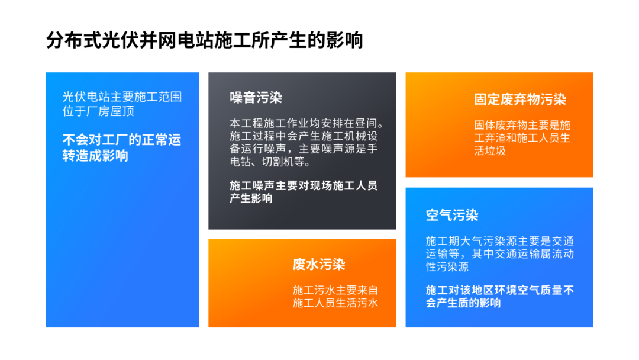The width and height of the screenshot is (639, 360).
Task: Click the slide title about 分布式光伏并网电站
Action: pos(204,40)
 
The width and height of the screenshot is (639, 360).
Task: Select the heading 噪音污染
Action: pos(256,98)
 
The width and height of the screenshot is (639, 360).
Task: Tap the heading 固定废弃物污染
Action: pos(520,99)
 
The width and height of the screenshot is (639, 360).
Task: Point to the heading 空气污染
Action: pos(452,215)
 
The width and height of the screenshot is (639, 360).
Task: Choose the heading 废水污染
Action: pos(319,264)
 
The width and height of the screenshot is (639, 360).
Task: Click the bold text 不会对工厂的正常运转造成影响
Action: pos(121,147)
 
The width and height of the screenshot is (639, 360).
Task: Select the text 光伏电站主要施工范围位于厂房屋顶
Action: pos(122,104)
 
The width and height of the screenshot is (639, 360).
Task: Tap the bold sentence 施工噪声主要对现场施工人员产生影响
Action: pos(303,192)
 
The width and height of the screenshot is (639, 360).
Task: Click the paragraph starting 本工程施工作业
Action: pos(306,142)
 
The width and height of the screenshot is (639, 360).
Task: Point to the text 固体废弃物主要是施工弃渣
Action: pos(522,137)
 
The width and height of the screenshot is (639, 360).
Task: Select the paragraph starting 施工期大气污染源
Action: pos(499,253)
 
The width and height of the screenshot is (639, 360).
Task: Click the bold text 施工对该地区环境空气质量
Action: pos(499,296)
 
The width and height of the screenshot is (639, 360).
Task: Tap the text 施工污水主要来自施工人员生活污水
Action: pos(335,297)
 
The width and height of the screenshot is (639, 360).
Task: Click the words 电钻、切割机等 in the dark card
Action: pos(270,162)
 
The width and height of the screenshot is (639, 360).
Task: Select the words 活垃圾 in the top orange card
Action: pos(490,150)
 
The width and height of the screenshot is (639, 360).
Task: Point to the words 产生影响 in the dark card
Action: pos(251,198)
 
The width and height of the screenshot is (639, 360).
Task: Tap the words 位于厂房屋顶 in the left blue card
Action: pos(98,111)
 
